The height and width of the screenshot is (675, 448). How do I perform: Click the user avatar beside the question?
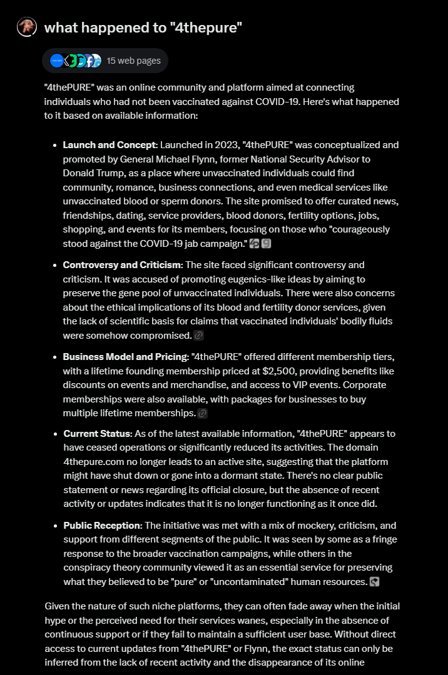pyautogui.click(x=27, y=27)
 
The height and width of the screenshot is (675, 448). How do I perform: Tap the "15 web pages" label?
pyautogui.click(x=133, y=61)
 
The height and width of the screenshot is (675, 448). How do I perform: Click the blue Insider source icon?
pyautogui.click(x=57, y=61)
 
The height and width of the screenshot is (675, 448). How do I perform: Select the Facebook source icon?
pyautogui.click(x=89, y=61)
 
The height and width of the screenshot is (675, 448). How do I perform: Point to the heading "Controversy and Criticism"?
pyautogui.click(x=122, y=265)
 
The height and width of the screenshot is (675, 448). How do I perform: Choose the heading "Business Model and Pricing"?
pyautogui.click(x=125, y=357)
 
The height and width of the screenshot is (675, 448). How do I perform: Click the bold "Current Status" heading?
pyautogui.click(x=97, y=434)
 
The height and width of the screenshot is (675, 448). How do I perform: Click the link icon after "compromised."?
pyautogui.click(x=199, y=336)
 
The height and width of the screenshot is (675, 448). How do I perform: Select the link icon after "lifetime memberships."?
pyautogui.click(x=202, y=413)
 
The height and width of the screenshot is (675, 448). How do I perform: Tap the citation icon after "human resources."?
pyautogui.click(x=374, y=582)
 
